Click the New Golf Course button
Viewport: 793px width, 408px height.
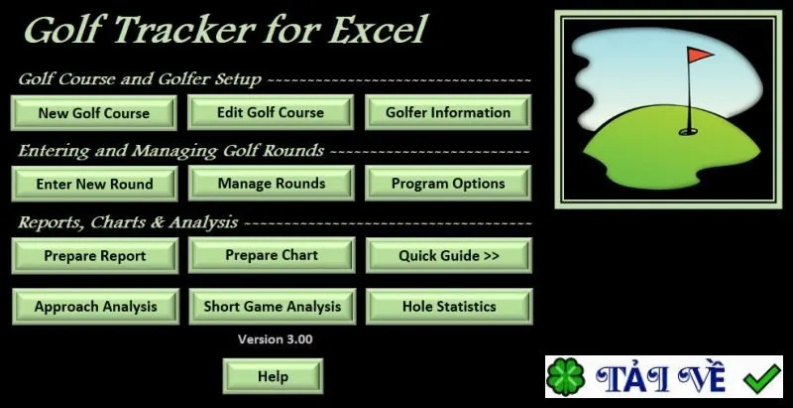[x=93, y=112]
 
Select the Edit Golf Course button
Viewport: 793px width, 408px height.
[x=271, y=112]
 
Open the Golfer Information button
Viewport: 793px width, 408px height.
[x=448, y=112]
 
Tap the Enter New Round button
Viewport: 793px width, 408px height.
[x=94, y=184]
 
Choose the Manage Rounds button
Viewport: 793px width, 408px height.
[x=271, y=184]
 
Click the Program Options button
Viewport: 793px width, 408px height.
[x=448, y=184]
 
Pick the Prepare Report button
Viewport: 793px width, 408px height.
[x=94, y=256]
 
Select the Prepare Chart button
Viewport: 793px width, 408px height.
[x=272, y=256]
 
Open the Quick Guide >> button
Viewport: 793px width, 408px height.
[x=449, y=256]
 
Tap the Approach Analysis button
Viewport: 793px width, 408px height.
[x=95, y=307]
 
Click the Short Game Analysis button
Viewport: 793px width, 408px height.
[x=272, y=307]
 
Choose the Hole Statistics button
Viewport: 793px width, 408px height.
[x=449, y=307]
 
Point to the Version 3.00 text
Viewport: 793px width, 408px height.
[x=276, y=340]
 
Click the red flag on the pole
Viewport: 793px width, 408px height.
[x=700, y=55]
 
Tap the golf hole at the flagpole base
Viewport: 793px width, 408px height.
[x=688, y=132]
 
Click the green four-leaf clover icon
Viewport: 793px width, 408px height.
[x=566, y=377]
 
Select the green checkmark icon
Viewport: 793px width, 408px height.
[x=762, y=378]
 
